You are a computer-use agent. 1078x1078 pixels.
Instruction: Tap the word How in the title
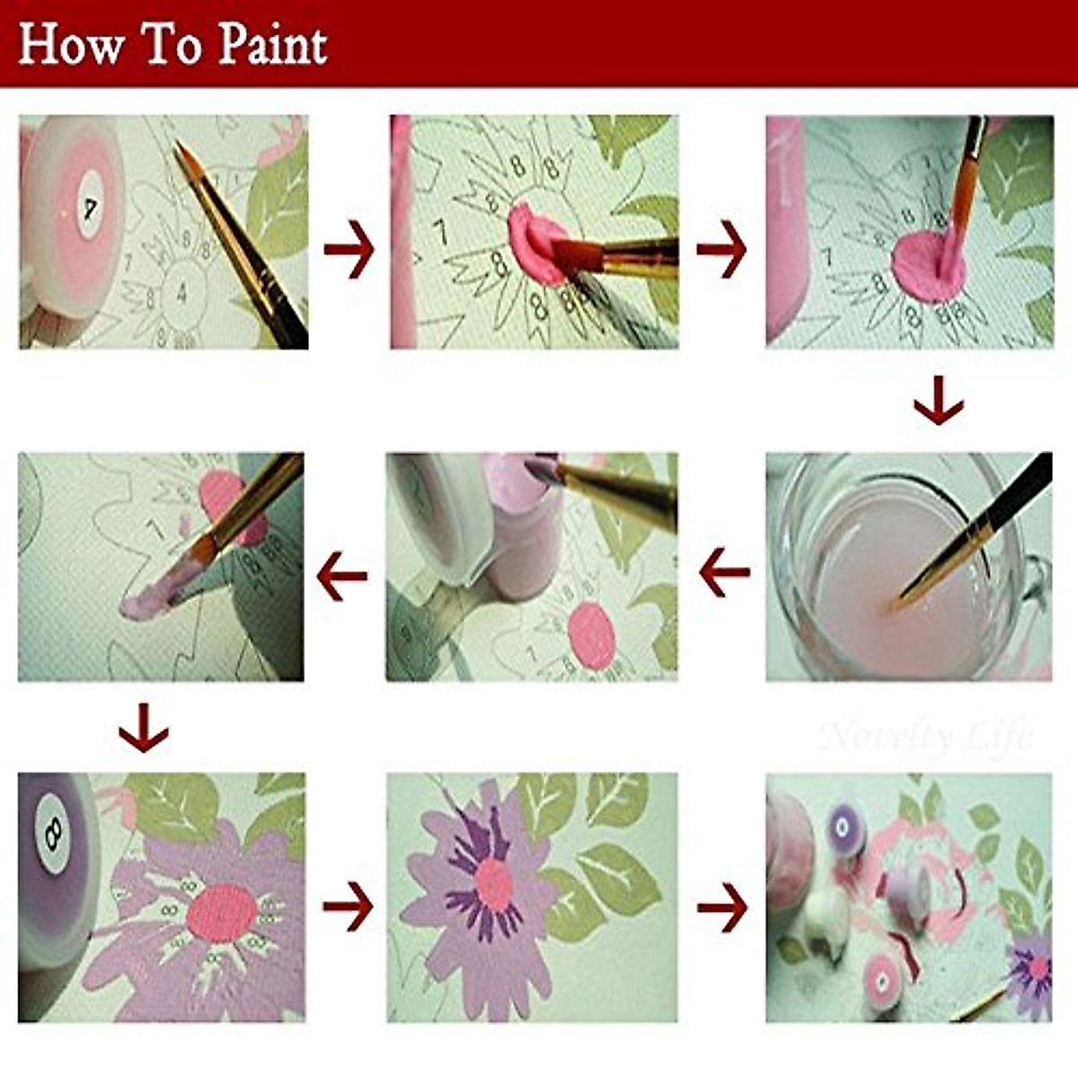(x=69, y=45)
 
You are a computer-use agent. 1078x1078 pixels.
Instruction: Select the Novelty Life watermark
(x=925, y=737)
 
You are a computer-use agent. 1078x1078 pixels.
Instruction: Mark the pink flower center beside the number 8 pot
(x=220, y=909)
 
